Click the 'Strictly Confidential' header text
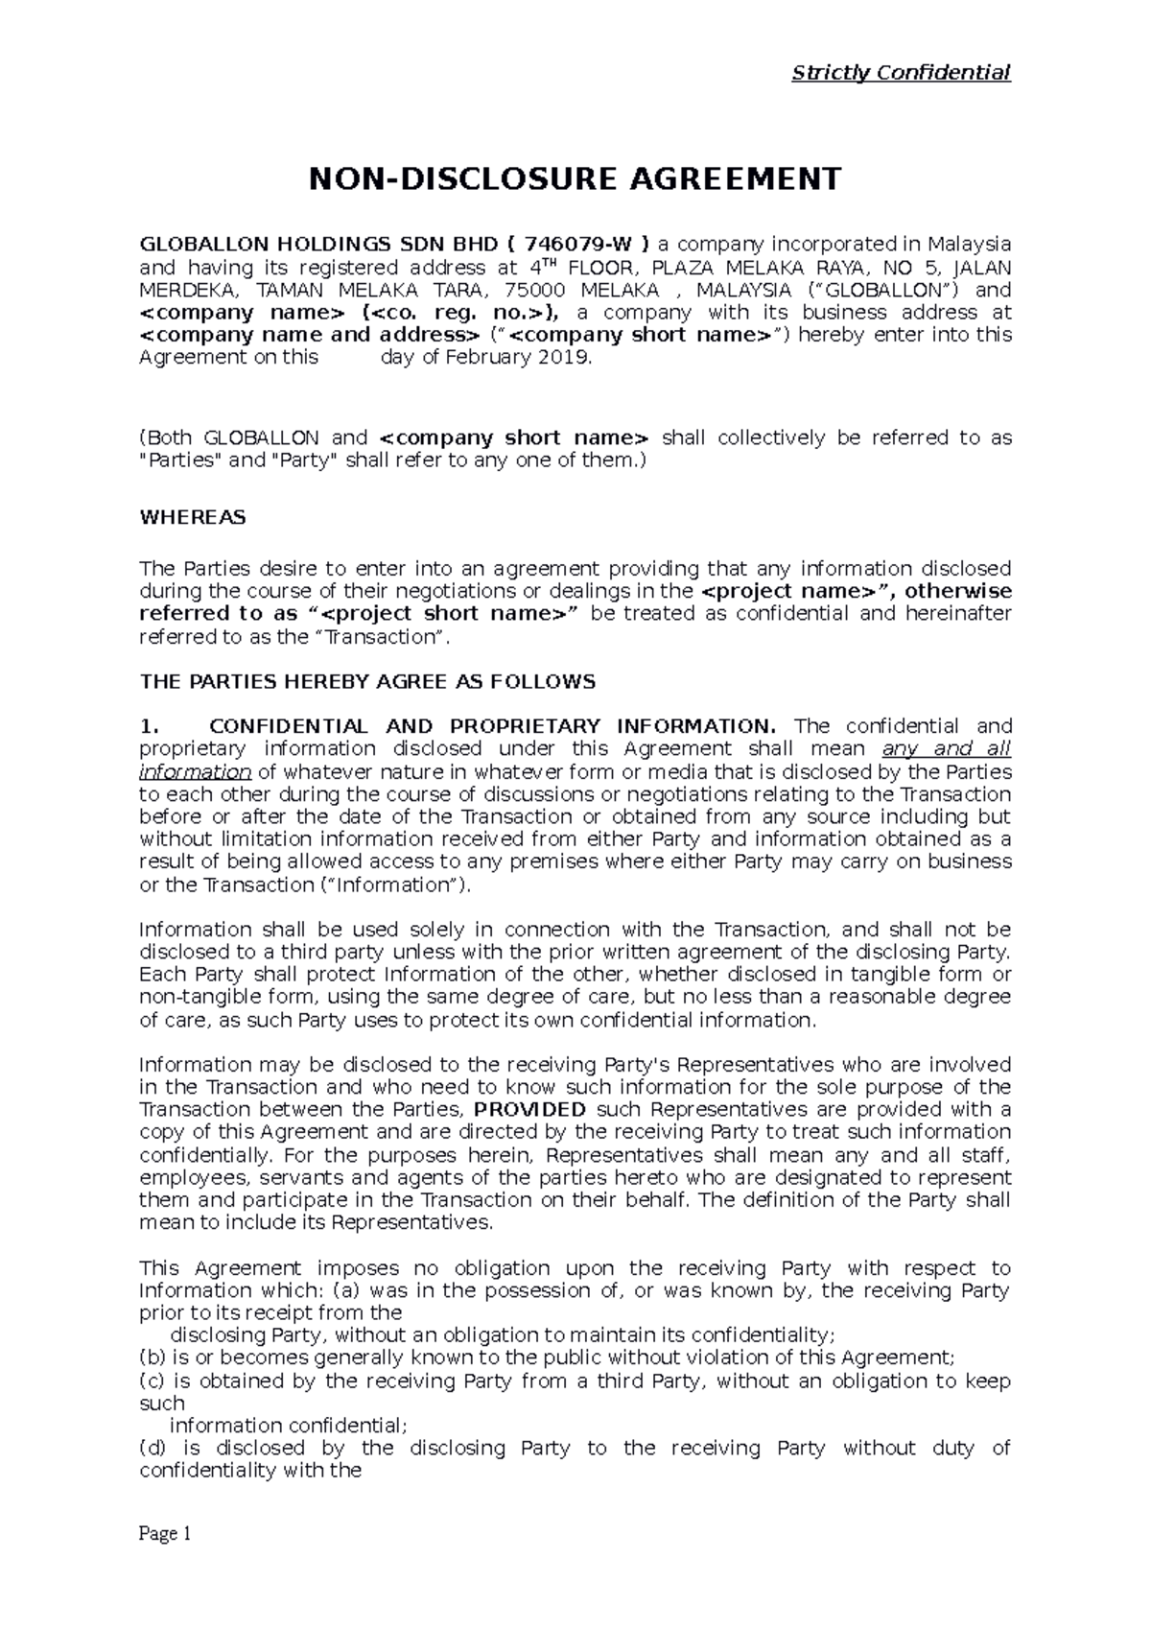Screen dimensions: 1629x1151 click(901, 72)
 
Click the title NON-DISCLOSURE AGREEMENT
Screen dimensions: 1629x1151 click(574, 178)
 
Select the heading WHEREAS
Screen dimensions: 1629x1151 click(192, 517)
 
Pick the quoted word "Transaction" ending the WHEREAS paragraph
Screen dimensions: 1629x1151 click(396, 637)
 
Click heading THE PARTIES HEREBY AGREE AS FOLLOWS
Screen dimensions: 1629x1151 click(367, 682)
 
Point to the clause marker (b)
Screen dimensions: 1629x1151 click(153, 1357)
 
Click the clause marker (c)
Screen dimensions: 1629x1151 click(153, 1381)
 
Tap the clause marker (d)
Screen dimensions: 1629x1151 click(153, 1448)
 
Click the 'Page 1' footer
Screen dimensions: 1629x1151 click(166, 1534)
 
